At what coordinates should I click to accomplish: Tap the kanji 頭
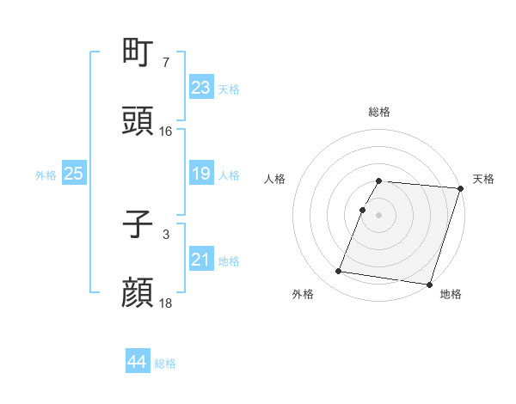(x=138, y=121)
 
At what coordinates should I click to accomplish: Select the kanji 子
(x=138, y=226)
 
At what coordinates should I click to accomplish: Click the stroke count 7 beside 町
(x=166, y=63)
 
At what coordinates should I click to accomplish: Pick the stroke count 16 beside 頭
(x=166, y=131)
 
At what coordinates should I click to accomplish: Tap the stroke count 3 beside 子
(x=166, y=235)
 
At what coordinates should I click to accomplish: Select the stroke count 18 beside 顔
(x=166, y=303)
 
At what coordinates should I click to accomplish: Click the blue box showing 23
(x=200, y=88)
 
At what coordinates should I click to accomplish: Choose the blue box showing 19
(x=200, y=174)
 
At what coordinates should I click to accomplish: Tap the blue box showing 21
(x=200, y=260)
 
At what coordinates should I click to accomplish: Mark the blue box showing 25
(x=73, y=174)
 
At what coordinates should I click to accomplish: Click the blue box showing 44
(x=137, y=362)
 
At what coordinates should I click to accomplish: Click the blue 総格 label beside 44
(x=165, y=364)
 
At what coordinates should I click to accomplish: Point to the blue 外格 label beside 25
(x=46, y=175)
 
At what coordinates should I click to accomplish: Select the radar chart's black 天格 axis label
(x=483, y=179)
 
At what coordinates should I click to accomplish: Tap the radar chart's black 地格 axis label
(x=450, y=294)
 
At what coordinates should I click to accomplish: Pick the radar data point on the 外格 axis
(x=339, y=272)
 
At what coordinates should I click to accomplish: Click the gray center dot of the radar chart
(x=379, y=214)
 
